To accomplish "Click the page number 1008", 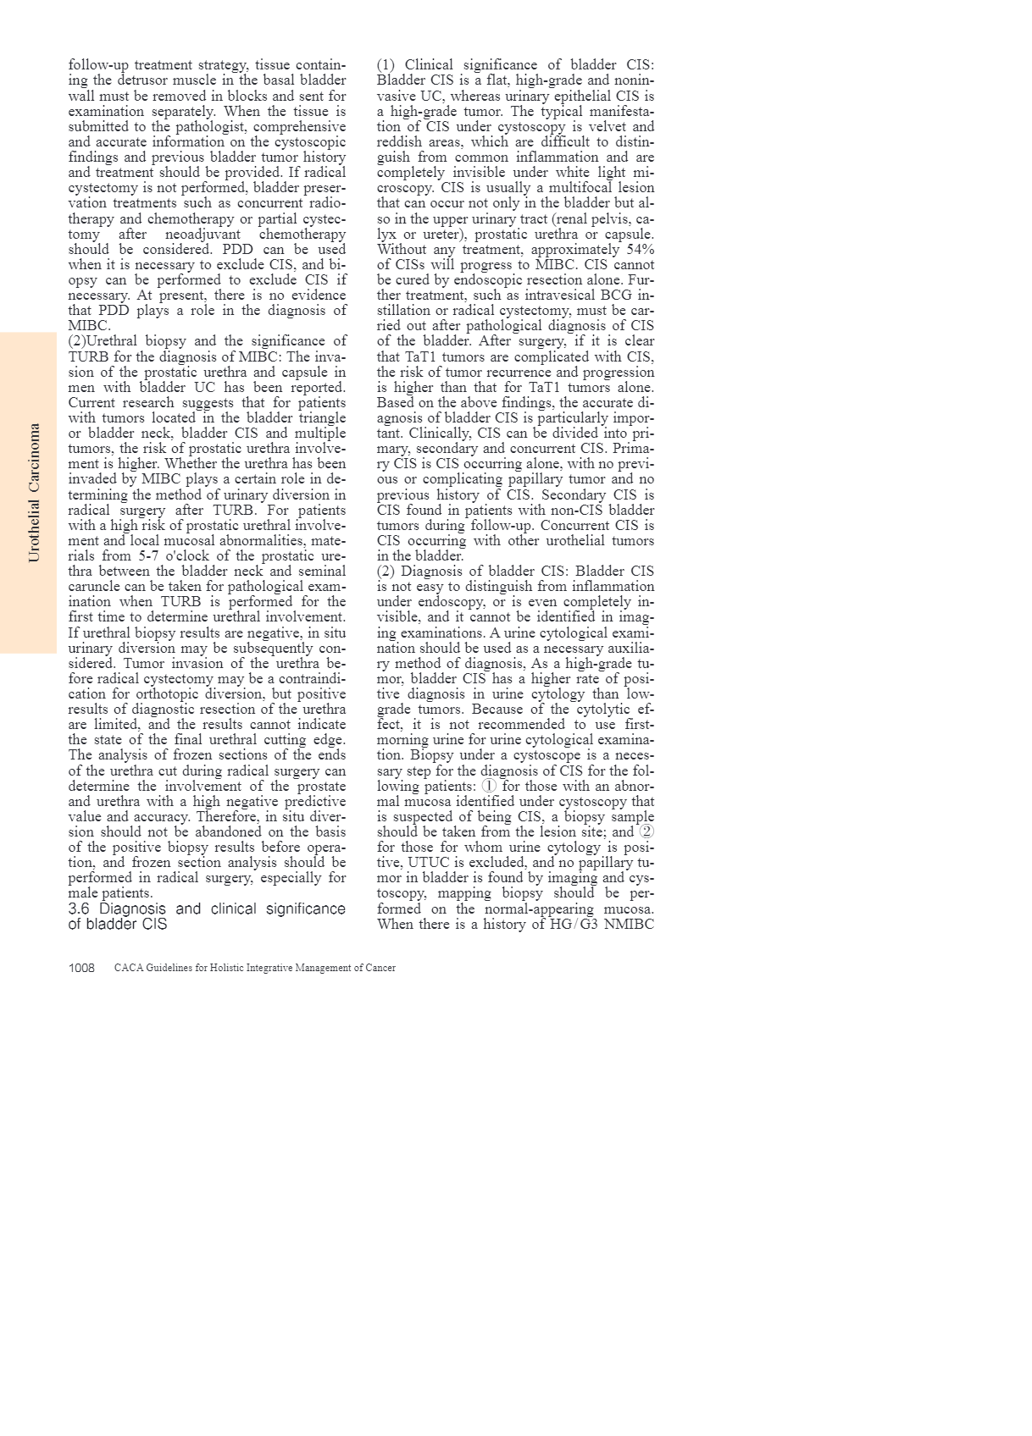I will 81,968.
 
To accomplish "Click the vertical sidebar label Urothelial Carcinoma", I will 34,492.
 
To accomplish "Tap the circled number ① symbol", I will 489,786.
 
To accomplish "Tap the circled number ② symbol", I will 646,831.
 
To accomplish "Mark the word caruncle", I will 94,586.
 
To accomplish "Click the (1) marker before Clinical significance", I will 386,65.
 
